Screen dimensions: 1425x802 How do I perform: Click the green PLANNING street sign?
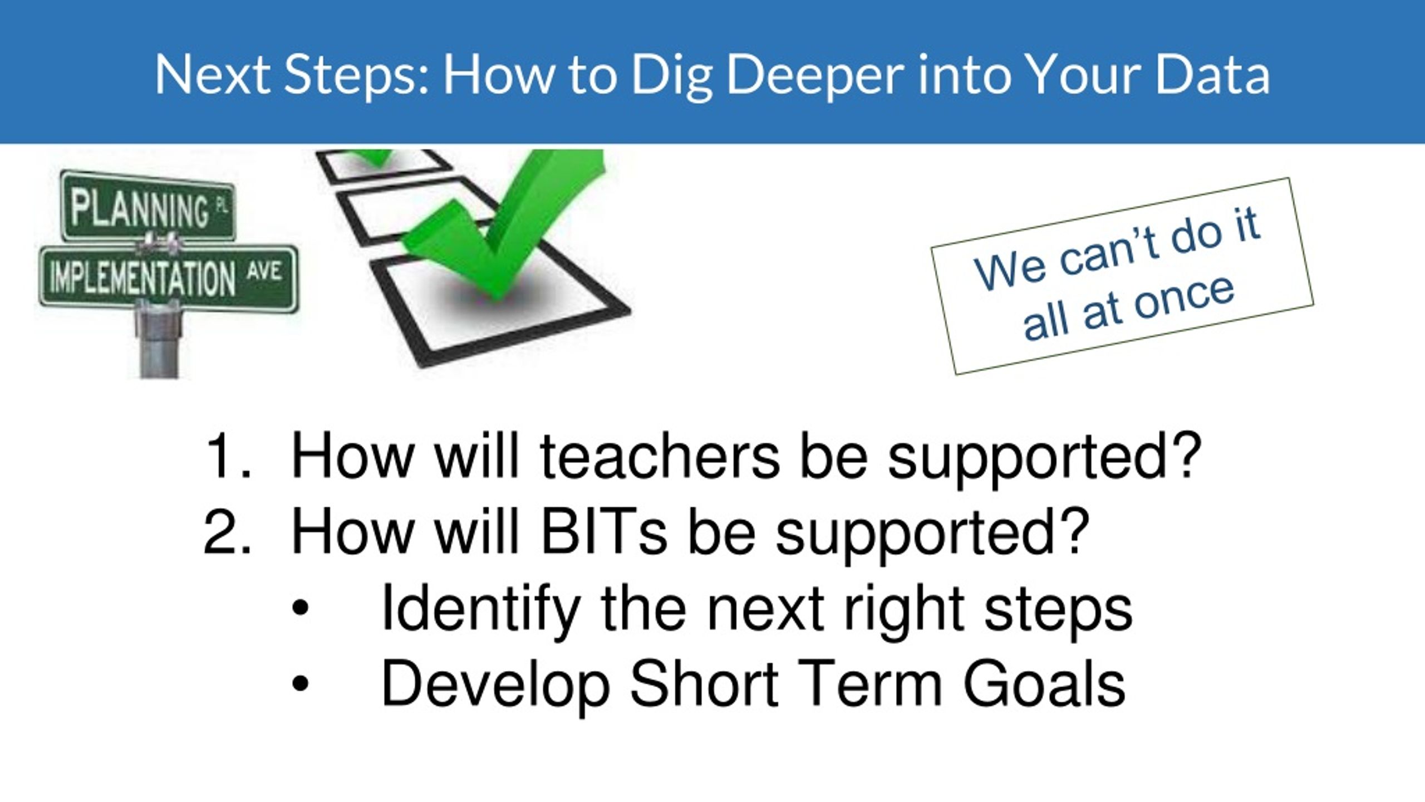pos(148,207)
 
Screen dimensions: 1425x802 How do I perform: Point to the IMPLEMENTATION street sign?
pos(168,278)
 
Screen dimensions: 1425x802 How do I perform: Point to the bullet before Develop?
pos(299,685)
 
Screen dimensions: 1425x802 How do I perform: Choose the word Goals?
pos(1044,684)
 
